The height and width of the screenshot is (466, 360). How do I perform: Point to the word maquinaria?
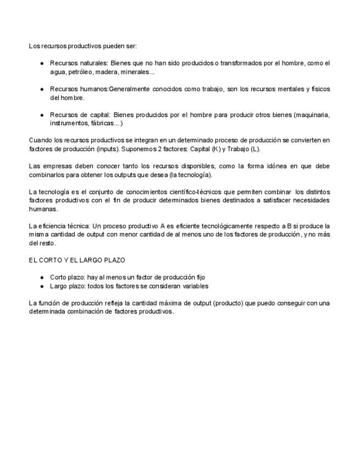click(312, 115)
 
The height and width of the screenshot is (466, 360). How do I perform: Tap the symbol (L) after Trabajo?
click(255, 149)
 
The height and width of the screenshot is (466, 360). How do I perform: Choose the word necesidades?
click(310, 200)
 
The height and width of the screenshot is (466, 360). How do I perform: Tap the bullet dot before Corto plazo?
click(42, 278)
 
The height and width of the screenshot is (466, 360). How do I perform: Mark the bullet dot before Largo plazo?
click(42, 286)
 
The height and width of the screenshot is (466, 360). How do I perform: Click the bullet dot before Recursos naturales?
click(42, 64)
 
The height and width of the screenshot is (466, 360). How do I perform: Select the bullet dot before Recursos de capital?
click(42, 115)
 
